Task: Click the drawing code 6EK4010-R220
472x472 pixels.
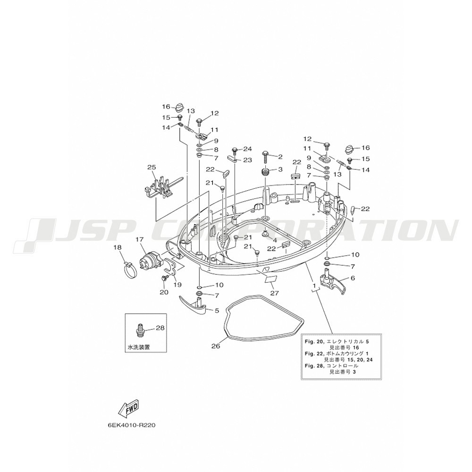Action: pyautogui.click(x=132, y=426)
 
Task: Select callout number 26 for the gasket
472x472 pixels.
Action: pyautogui.click(x=216, y=346)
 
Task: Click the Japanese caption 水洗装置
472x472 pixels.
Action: pyautogui.click(x=139, y=347)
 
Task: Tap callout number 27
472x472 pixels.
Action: pyautogui.click(x=275, y=293)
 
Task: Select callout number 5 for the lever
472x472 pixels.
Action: pyautogui.click(x=217, y=311)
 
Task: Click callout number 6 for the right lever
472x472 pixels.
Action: pyautogui.click(x=353, y=278)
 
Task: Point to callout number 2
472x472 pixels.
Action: pyautogui.click(x=280, y=157)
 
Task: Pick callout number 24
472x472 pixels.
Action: pyautogui.click(x=247, y=149)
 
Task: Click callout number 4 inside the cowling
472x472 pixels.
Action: pyautogui.click(x=275, y=241)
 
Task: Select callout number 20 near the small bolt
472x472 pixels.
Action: pyautogui.click(x=164, y=292)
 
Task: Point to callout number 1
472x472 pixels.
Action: pyautogui.click(x=314, y=285)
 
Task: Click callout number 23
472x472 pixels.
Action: pyautogui.click(x=247, y=160)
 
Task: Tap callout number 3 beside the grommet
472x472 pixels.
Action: pyautogui.click(x=280, y=169)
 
